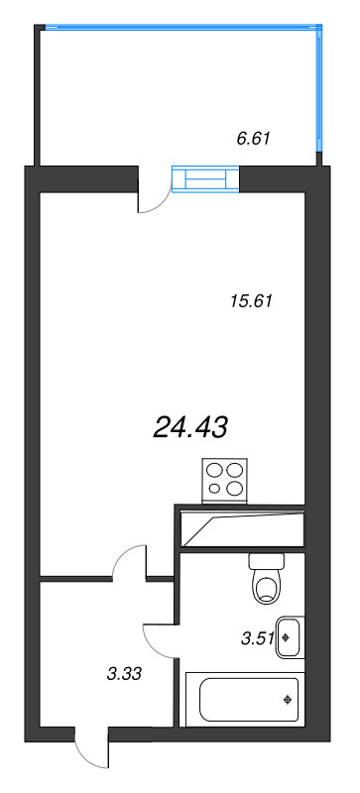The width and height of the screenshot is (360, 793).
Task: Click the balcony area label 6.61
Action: pyautogui.click(x=254, y=138)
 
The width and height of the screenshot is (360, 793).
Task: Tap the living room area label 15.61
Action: pyautogui.click(x=251, y=301)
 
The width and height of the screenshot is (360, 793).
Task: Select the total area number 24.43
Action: pyautogui.click(x=189, y=428)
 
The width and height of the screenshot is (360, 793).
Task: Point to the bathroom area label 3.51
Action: pyautogui.click(x=258, y=638)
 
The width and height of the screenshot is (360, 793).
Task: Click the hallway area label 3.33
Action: pyautogui.click(x=124, y=673)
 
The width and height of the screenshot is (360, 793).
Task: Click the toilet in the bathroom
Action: pyautogui.click(x=267, y=579)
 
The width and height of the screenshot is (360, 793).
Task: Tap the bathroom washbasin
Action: pyautogui.click(x=291, y=637)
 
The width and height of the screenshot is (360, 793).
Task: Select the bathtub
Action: pyautogui.click(x=245, y=700)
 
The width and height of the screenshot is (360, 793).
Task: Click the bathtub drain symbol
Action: pyautogui.click(x=288, y=700)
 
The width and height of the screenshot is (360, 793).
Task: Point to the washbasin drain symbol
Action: pyautogui.click(x=287, y=637)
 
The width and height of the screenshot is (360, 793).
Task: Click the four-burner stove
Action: pyautogui.click(x=225, y=481)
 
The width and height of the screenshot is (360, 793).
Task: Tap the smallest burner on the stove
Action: pyautogui.click(x=214, y=489)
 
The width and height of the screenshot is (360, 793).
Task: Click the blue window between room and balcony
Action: pyautogui.click(x=205, y=179)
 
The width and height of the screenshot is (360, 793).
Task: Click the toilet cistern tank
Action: pyautogui.click(x=267, y=561)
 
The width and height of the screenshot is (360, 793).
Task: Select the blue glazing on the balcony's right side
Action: pyautogui.click(x=319, y=88)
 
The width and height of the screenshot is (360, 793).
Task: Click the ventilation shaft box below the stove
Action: pyautogui.click(x=240, y=526)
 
